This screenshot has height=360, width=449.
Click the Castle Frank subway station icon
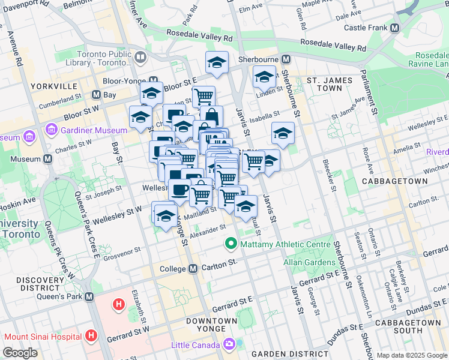click(395, 28)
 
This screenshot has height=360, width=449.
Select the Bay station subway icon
click(95, 95)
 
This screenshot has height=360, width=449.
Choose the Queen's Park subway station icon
click(89, 297)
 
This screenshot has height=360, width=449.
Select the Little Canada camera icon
click(229, 344)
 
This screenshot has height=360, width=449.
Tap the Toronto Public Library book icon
click(140, 58)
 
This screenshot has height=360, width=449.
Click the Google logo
click(20, 353)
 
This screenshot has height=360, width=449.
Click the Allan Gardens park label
click(310, 262)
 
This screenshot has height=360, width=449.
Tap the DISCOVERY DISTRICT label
click(36, 285)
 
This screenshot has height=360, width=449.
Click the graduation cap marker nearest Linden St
click(264, 77)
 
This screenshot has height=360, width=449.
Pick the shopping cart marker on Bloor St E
click(204, 96)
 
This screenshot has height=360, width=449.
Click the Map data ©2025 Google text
click(412, 355)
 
